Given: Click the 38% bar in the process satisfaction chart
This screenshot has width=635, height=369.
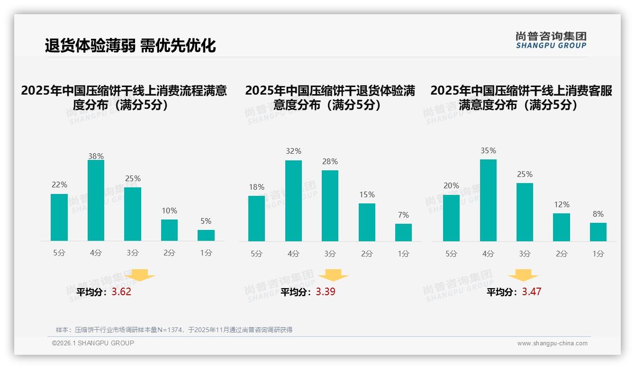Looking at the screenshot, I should click(x=96, y=201).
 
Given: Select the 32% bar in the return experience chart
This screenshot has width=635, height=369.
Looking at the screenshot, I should click(x=293, y=201).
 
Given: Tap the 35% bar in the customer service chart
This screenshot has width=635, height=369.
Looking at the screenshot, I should click(x=488, y=201).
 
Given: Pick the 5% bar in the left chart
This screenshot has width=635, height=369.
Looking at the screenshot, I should click(x=206, y=236).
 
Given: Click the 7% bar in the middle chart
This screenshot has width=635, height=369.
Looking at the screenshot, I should click(x=403, y=232).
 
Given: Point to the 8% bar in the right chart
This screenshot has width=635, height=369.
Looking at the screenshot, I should click(x=598, y=232).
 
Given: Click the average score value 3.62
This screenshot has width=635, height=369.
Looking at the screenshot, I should click(x=121, y=292).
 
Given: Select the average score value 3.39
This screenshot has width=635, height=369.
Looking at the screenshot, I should click(x=326, y=292).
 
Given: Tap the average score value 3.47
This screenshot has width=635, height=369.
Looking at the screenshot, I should click(x=531, y=292).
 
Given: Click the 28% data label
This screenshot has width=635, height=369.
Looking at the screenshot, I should click(x=330, y=162).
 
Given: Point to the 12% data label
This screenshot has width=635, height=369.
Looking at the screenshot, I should click(x=562, y=205).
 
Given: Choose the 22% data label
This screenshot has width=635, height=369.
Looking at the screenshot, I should click(x=59, y=185).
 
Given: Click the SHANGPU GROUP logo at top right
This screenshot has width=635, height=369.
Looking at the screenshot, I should click(x=551, y=40).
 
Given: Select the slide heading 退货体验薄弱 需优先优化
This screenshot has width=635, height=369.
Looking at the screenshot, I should click(x=130, y=45).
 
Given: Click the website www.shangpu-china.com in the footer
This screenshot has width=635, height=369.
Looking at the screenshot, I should click(x=552, y=343).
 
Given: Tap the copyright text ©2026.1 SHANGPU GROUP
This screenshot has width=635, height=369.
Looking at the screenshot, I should click(x=93, y=343).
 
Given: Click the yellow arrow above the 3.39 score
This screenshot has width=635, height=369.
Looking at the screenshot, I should click(x=333, y=276).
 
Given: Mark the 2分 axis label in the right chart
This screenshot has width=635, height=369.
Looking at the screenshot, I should click(x=562, y=254).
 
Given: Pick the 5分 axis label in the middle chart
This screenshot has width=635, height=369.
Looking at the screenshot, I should click(x=256, y=254).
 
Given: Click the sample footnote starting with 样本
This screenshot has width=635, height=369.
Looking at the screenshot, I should click(x=174, y=330).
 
